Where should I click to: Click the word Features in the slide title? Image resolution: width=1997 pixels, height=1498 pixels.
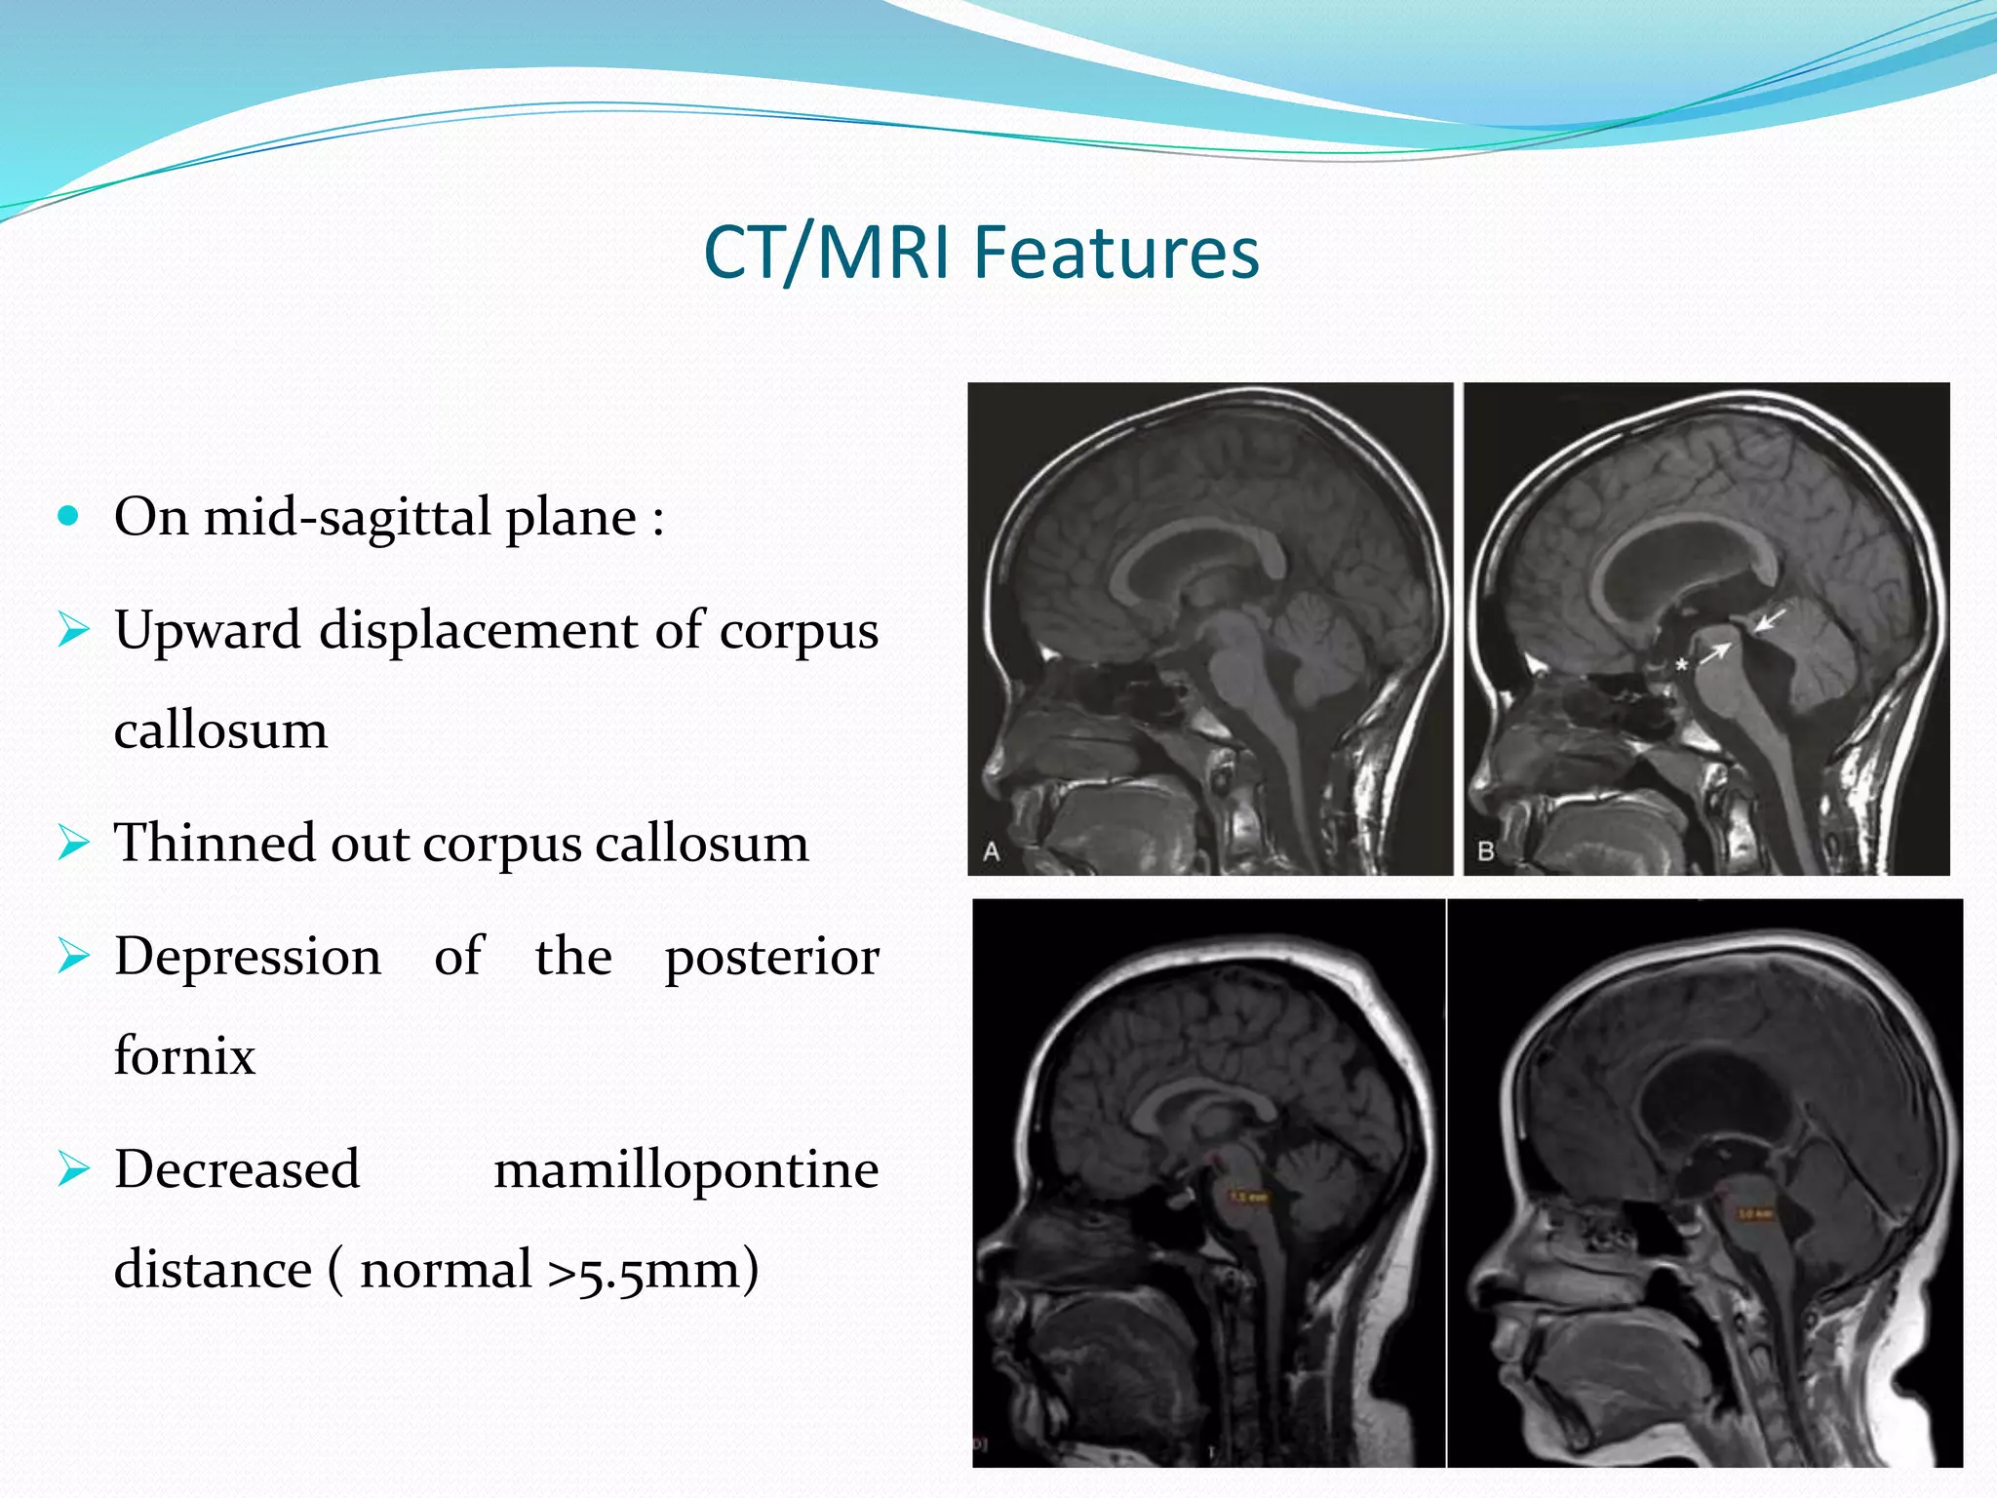coord(1116,253)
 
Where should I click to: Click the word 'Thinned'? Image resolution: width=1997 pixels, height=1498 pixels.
coord(215,842)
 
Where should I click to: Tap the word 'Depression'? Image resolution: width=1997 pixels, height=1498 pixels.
coord(248,956)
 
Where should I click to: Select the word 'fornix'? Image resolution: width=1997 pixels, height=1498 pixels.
coord(184,1055)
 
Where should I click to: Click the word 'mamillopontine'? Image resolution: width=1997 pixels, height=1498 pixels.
coord(685,1169)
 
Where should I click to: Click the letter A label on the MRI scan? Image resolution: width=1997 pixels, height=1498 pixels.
coord(992,851)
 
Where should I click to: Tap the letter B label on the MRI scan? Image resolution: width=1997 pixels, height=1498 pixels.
coord(1486,851)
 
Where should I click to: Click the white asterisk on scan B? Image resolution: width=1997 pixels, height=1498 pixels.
coord(1681,665)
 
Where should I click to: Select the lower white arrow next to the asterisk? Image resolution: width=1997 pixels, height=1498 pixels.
coord(1713,654)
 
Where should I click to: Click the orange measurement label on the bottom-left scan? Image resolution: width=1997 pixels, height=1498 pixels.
coord(1249,1196)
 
